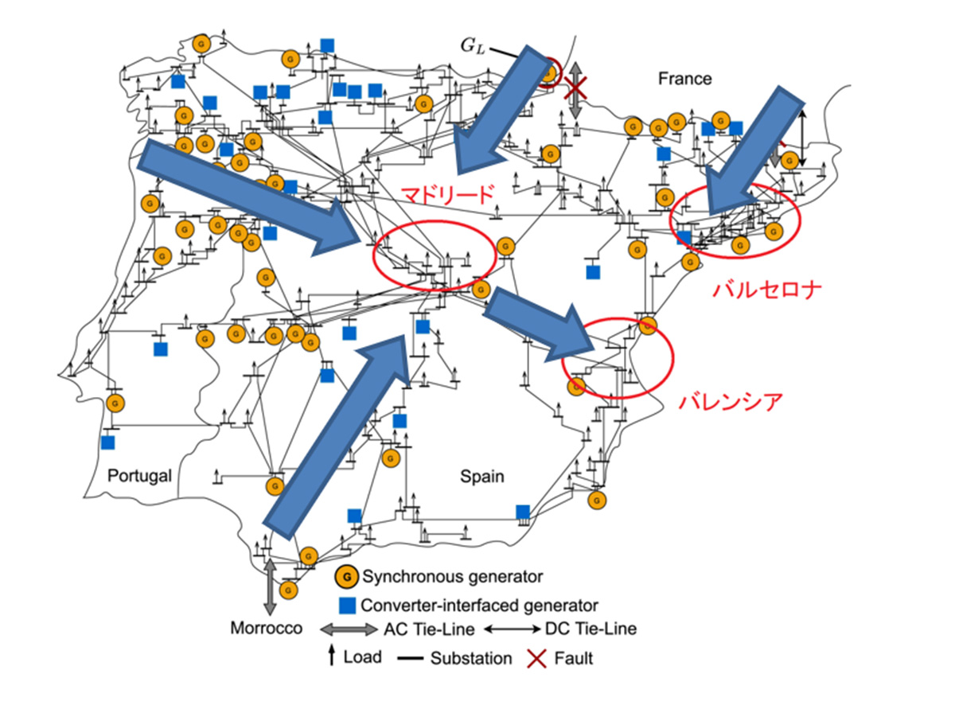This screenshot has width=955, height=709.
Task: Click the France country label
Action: click(684, 78)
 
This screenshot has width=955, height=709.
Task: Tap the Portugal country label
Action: click(139, 476)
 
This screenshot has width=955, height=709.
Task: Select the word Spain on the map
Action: click(482, 476)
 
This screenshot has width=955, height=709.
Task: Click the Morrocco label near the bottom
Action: click(267, 628)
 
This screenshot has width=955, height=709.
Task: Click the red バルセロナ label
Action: click(766, 288)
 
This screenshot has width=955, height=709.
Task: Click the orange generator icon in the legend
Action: click(345, 575)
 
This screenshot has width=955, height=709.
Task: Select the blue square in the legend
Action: click(345, 605)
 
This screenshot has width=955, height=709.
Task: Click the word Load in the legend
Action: click(362, 657)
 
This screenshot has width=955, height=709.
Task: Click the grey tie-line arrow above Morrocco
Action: click(270, 585)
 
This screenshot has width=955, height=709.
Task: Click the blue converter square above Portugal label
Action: click(108, 442)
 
